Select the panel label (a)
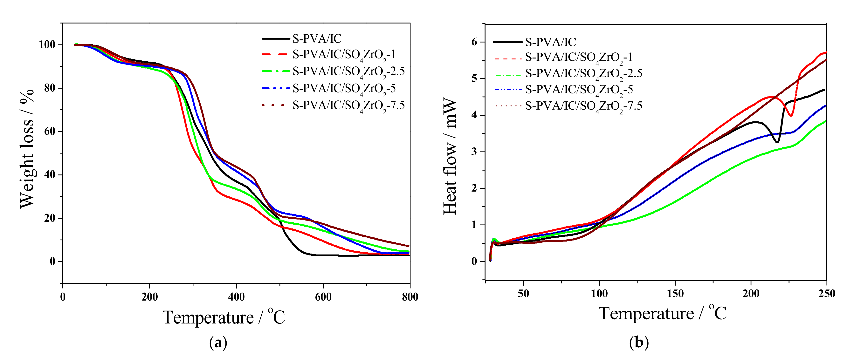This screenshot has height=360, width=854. [x=218, y=343]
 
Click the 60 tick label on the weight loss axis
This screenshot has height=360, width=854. [x=50, y=132]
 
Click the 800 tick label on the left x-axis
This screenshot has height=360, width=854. [x=410, y=297]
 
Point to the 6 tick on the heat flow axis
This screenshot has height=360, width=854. [x=474, y=42]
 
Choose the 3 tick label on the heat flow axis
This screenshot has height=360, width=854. [x=474, y=152]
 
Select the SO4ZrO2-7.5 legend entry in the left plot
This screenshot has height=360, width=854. [x=348, y=106]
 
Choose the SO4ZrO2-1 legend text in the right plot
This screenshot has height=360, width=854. [x=579, y=57]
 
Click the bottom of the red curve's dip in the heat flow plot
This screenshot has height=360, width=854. [x=791, y=116]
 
